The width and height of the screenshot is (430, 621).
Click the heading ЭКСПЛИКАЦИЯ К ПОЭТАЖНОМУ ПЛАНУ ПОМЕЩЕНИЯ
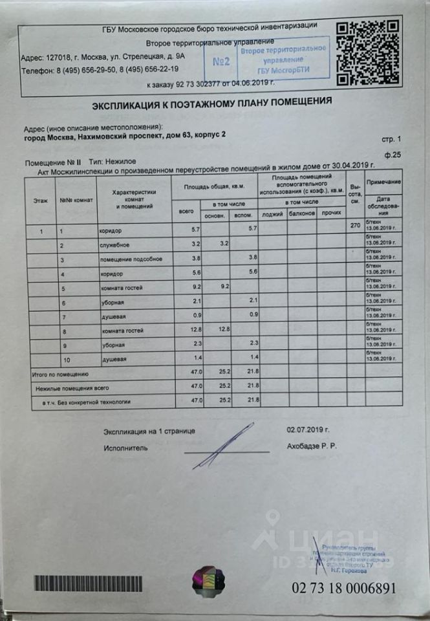[212, 102]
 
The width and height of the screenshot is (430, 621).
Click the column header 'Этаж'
[41, 201]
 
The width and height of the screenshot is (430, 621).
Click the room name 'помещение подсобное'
[125, 259]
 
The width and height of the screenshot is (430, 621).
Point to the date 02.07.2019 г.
[308, 430]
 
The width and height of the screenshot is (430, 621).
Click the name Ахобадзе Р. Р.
[312, 446]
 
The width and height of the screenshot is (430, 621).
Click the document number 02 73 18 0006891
[343, 588]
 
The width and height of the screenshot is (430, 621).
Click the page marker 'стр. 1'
[391, 139]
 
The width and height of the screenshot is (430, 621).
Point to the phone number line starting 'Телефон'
[100, 69]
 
